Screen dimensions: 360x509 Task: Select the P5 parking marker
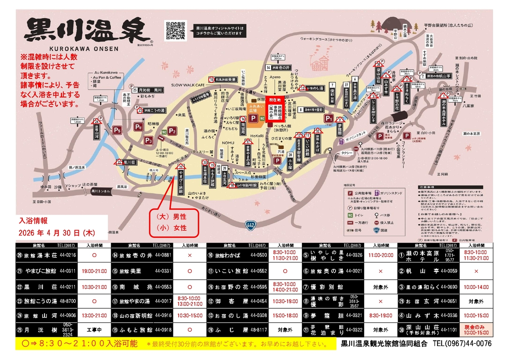(x=117, y=130)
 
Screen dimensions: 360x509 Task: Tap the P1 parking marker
(x=328, y=118)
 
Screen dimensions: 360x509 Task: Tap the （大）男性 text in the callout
(x=171, y=218)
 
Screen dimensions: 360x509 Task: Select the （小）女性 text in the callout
(x=171, y=228)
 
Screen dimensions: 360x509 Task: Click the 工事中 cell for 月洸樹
(x=94, y=330)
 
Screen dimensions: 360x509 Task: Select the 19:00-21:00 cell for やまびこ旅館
(x=94, y=271)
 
